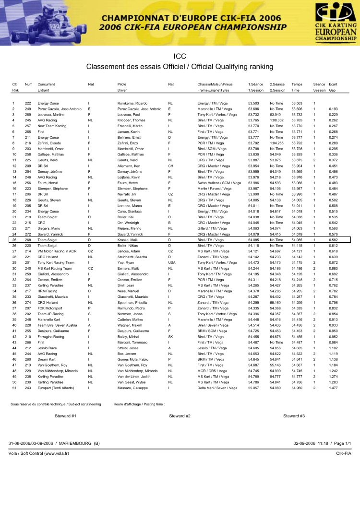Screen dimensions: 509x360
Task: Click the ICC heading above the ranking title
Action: [180, 56]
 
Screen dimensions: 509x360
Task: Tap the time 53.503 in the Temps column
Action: [298, 103]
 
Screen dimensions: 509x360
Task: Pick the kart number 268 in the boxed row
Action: [28, 239]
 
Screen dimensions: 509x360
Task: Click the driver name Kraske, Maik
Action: [128, 239]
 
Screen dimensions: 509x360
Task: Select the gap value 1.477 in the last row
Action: [334, 387]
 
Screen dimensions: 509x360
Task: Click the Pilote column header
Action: [122, 84]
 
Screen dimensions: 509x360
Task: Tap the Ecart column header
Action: [333, 84]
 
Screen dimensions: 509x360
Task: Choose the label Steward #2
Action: [180, 416]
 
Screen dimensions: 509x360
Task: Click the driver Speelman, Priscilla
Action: [133, 302]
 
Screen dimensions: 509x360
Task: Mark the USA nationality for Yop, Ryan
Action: [172, 262]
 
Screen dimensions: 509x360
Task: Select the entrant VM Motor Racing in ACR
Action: [58, 251]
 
